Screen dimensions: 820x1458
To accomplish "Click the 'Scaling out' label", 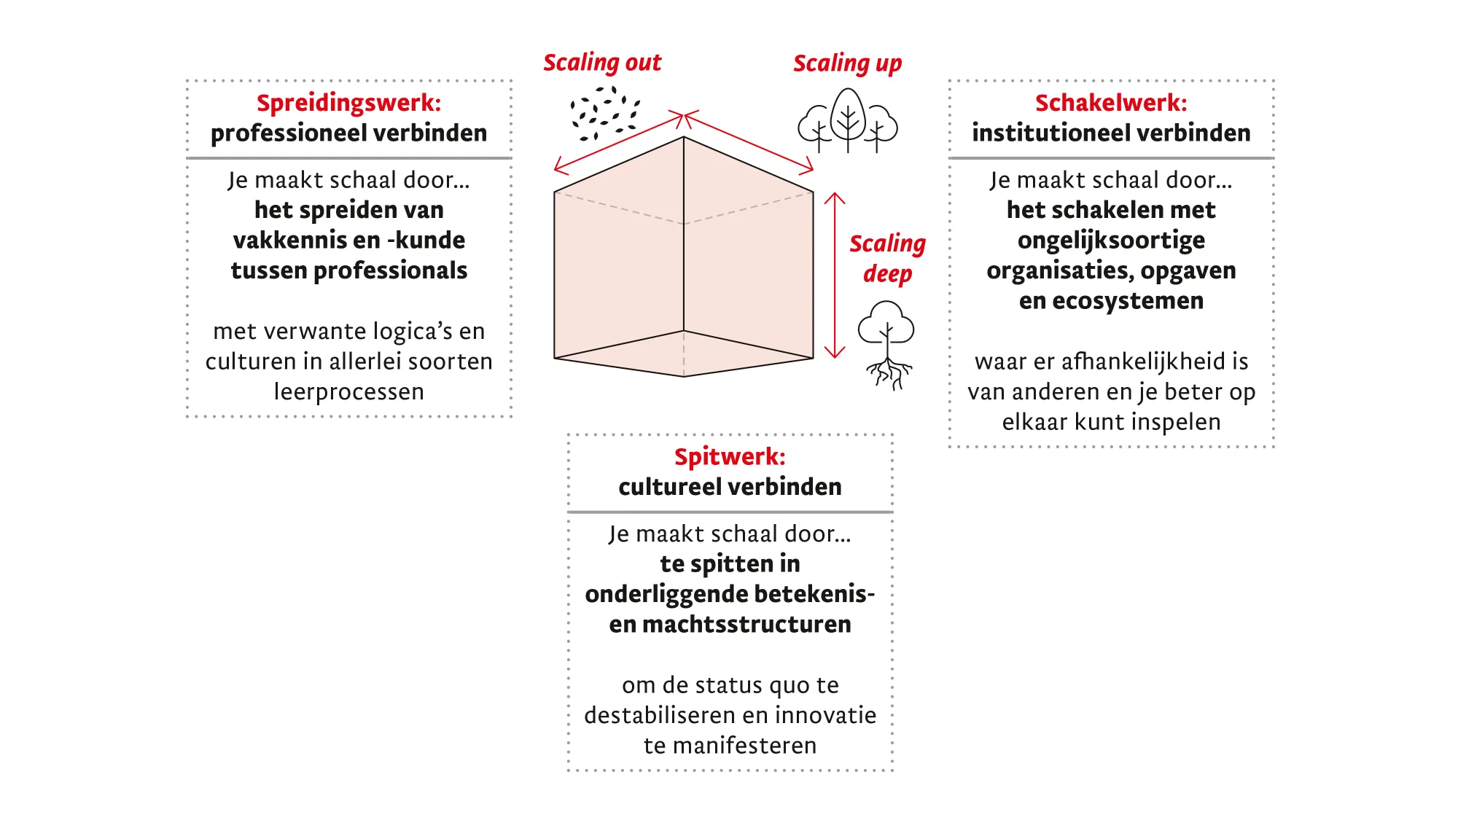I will [602, 63].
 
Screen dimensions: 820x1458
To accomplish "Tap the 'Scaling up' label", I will [847, 63].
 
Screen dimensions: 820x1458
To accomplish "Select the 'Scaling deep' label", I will [887, 258].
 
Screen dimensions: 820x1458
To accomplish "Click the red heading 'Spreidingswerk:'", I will [348, 103].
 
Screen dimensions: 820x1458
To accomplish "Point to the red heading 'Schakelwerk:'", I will [1110, 103].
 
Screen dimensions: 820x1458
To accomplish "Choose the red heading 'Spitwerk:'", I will [730, 456].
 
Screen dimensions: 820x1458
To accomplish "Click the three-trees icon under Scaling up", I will [847, 121].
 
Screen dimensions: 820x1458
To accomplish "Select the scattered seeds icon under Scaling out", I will [604, 113].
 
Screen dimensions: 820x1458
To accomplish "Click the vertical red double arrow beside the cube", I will [834, 276].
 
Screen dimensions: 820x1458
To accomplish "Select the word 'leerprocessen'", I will [348, 392].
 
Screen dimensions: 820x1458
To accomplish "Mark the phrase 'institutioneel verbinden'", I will [1110, 133].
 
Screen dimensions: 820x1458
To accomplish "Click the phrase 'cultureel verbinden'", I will [730, 487].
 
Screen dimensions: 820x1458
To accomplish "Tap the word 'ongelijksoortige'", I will [1111, 241].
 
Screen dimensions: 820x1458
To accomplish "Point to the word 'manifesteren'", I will [744, 746].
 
